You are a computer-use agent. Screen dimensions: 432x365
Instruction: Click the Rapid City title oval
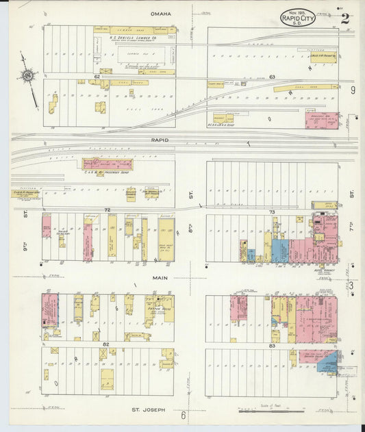coord(297,18)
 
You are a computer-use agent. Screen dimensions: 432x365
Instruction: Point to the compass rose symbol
coord(28,75)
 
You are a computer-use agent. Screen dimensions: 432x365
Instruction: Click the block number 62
coord(97,77)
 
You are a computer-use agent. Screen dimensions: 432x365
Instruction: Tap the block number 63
coord(272,77)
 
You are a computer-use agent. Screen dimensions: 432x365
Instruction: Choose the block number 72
coord(107,208)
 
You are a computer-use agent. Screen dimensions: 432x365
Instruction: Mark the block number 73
coord(272,212)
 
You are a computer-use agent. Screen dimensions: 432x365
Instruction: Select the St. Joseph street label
coord(149,409)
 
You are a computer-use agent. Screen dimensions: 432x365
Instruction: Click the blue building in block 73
coord(279,251)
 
